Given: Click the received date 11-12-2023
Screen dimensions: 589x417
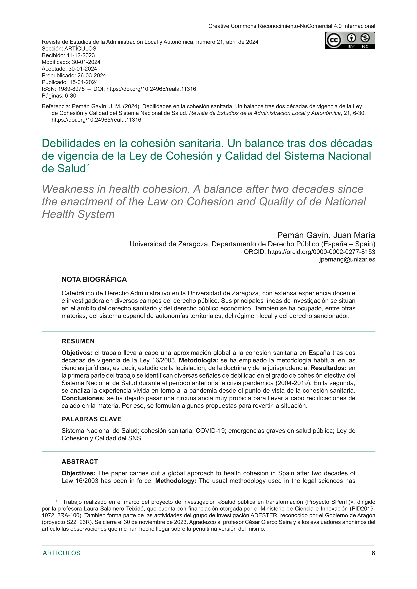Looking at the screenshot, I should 81,55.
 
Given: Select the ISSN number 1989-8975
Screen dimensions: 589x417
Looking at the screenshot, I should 71,89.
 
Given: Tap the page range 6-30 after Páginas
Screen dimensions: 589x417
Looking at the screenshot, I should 71,96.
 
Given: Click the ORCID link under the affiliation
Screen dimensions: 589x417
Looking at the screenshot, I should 321,252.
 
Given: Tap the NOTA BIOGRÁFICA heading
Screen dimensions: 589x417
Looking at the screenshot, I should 94,279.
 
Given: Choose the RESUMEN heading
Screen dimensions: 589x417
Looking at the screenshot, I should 78,341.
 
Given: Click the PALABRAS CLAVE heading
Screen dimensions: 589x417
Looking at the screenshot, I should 91,419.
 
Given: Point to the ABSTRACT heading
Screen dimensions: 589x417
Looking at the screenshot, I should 80,462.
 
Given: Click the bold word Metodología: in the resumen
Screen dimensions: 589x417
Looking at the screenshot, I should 198,360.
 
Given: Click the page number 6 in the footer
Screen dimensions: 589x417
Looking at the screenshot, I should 373,553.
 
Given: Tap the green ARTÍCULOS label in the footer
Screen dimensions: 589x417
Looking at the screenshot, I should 62,553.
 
